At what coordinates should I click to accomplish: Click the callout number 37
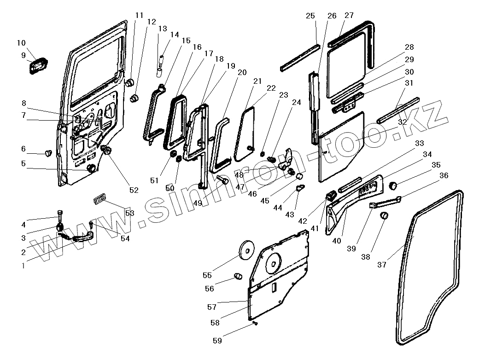(x=382, y=264)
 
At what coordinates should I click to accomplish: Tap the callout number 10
(x=21, y=43)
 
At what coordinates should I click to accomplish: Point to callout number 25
(x=310, y=16)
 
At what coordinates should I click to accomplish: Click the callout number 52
(x=134, y=190)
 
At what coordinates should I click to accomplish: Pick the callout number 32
(x=402, y=122)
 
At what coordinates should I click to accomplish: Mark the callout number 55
(x=207, y=275)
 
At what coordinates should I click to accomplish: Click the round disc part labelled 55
(x=247, y=250)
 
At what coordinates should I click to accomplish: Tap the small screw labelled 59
(x=255, y=325)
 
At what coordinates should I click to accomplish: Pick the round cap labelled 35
(x=393, y=186)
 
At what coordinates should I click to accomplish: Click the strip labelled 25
(x=299, y=58)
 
